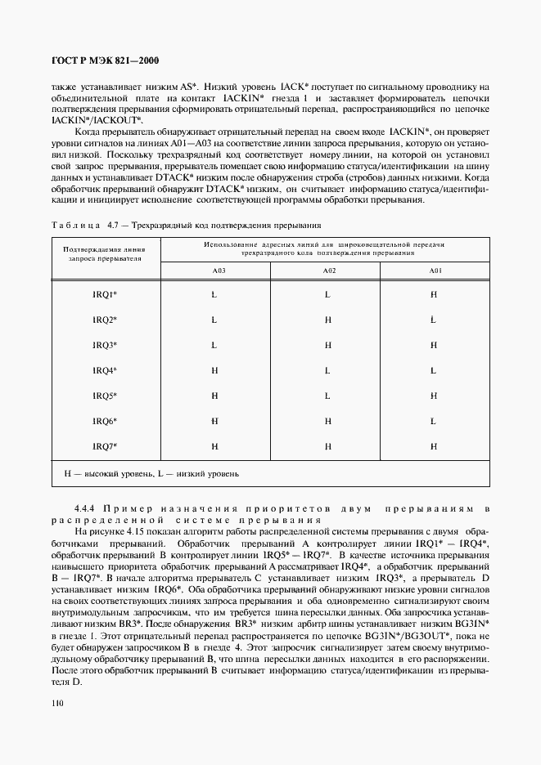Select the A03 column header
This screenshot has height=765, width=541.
[x=214, y=271]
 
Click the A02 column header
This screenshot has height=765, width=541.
[x=327, y=271]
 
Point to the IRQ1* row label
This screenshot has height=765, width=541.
[x=105, y=294]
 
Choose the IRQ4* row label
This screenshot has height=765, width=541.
[x=105, y=370]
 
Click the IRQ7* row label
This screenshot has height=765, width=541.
[x=105, y=446]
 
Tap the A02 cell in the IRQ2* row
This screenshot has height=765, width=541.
[x=327, y=320]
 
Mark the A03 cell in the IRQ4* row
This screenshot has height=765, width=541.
[x=214, y=370]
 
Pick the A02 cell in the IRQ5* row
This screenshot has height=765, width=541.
[x=327, y=396]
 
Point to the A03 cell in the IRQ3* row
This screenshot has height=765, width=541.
[x=214, y=345]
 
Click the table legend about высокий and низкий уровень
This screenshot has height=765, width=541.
[x=151, y=473]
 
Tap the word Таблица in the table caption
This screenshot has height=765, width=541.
[x=74, y=225]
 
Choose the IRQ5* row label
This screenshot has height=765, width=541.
[x=105, y=396]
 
